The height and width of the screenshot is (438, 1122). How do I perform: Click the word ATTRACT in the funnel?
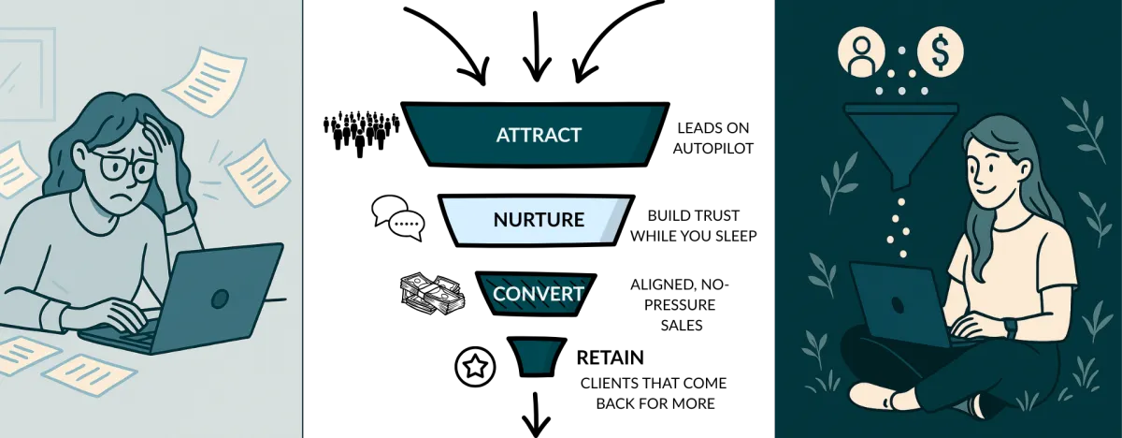[538, 135]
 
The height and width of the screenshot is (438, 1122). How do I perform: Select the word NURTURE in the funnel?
[538, 221]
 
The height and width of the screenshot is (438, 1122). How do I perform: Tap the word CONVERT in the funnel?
[538, 294]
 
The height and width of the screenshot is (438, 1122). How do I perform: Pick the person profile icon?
[861, 53]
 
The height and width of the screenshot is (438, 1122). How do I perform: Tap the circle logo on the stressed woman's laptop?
[220, 299]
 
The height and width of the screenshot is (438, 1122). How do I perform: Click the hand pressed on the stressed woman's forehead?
[156, 140]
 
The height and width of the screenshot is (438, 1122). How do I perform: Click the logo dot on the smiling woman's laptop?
[896, 304]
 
